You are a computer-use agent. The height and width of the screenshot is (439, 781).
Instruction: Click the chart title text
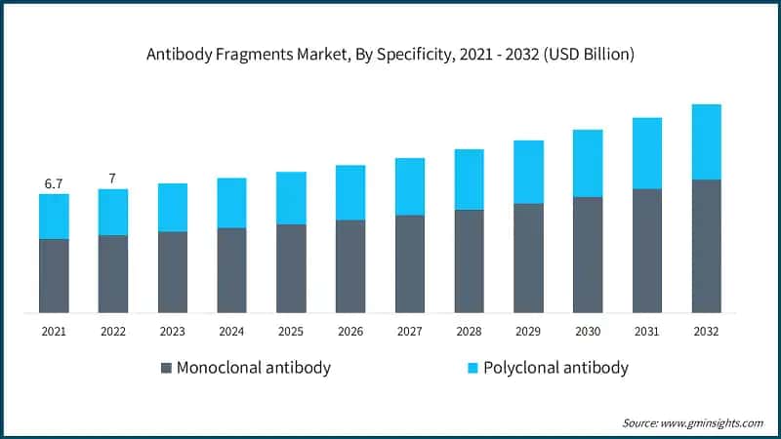pyautogui.click(x=390, y=55)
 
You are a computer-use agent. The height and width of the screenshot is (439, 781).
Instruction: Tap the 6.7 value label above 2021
pyautogui.click(x=54, y=183)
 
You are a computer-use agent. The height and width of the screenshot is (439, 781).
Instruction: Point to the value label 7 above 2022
pyautogui.click(x=112, y=179)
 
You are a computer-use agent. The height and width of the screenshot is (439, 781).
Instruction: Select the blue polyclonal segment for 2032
pyautogui.click(x=705, y=141)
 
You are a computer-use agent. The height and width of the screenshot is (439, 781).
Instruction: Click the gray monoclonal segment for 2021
pyautogui.click(x=54, y=275)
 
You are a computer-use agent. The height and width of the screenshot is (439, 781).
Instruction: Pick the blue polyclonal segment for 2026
pyautogui.click(x=349, y=192)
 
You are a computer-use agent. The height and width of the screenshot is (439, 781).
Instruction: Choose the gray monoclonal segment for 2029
pyautogui.click(x=528, y=258)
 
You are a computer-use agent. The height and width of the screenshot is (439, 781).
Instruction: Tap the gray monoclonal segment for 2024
pyautogui.click(x=231, y=270)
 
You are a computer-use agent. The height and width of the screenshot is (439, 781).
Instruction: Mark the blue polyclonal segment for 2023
pyautogui.click(x=172, y=207)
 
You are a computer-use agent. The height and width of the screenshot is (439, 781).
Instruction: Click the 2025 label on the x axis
pyautogui.click(x=291, y=332)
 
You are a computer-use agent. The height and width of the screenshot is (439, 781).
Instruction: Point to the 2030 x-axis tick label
pyautogui.click(x=587, y=332)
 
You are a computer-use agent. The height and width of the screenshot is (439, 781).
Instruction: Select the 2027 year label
pyautogui.click(x=409, y=332)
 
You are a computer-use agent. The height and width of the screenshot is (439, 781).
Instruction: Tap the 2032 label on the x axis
pyautogui.click(x=705, y=332)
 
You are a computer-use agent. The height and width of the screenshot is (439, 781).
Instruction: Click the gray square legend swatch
pyautogui.click(x=166, y=368)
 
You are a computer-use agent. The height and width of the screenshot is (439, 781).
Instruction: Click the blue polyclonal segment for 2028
pyautogui.click(x=469, y=180)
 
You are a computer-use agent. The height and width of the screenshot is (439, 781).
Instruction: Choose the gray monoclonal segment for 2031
pyautogui.click(x=646, y=251)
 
